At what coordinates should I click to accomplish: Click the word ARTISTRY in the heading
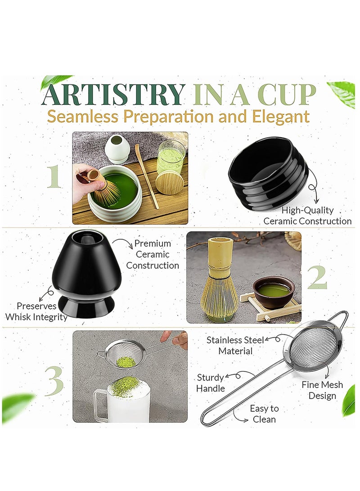coord(113,94)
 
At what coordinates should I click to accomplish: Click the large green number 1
coord(54,176)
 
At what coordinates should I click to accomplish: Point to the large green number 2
coord(317,278)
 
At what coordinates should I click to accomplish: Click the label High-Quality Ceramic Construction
coord(307,216)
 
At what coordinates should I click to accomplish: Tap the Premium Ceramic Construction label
coord(153,254)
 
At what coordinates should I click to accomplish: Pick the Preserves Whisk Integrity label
coord(36,311)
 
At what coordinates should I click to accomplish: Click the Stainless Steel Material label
coord(235,345)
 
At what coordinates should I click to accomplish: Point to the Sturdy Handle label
coord(210,383)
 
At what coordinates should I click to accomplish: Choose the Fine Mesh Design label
coord(322,390)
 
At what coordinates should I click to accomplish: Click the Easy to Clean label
coord(264,414)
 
